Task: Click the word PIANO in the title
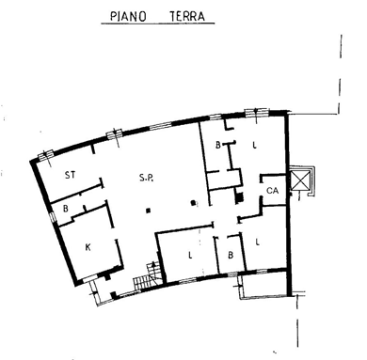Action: [128, 16]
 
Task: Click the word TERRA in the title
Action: [187, 16]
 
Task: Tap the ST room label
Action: [70, 175]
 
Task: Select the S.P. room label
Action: [146, 178]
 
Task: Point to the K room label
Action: [88, 247]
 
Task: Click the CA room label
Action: [272, 190]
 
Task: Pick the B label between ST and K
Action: [66, 209]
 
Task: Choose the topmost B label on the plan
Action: [218, 145]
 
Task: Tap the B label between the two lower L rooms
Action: [231, 255]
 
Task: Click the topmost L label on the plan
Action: [255, 145]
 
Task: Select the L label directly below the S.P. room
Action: [190, 255]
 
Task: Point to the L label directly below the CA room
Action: [258, 242]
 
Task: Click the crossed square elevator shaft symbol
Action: [300, 180]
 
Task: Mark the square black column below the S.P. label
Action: [149, 211]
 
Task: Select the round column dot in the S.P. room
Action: [194, 202]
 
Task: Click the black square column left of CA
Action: [239, 197]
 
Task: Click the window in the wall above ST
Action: [46, 155]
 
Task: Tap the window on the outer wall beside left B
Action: [53, 216]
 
